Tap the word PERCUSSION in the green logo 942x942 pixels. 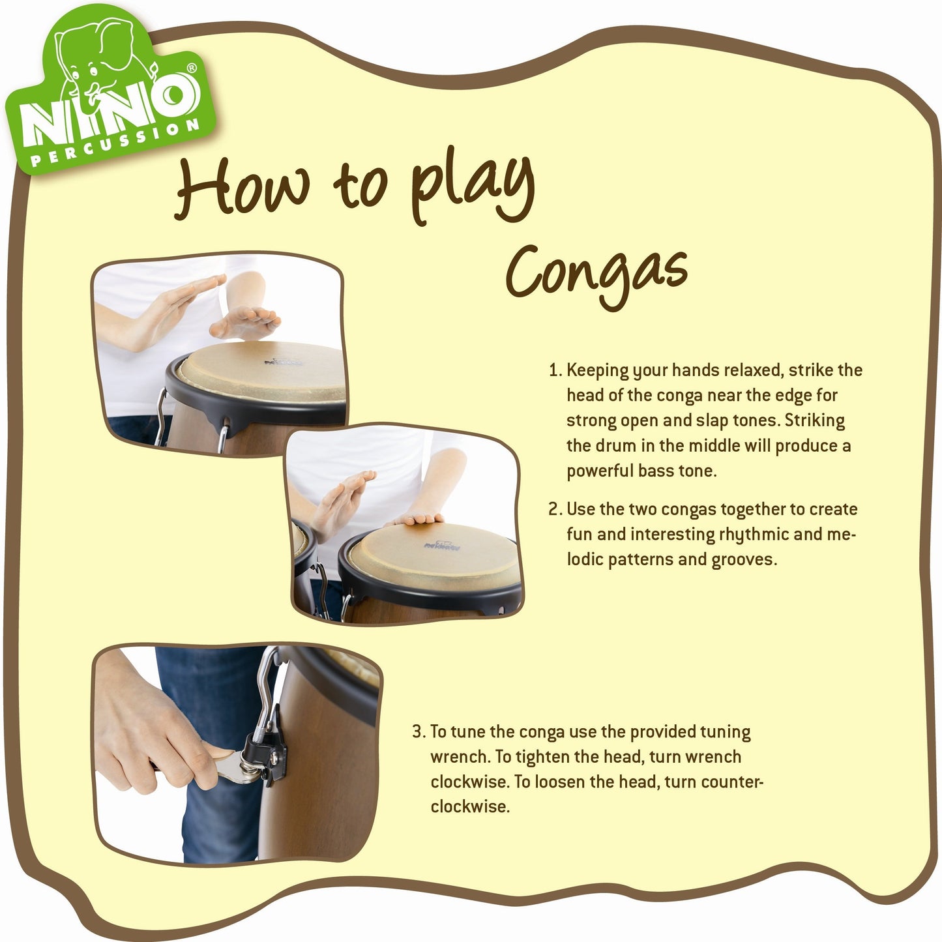click(x=115, y=144)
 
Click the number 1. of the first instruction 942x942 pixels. click(x=555, y=370)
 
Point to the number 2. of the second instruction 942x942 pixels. click(x=556, y=509)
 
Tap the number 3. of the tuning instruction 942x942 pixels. click(x=419, y=732)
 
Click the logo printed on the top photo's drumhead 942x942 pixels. click(x=284, y=362)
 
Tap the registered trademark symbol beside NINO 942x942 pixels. click(x=192, y=68)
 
